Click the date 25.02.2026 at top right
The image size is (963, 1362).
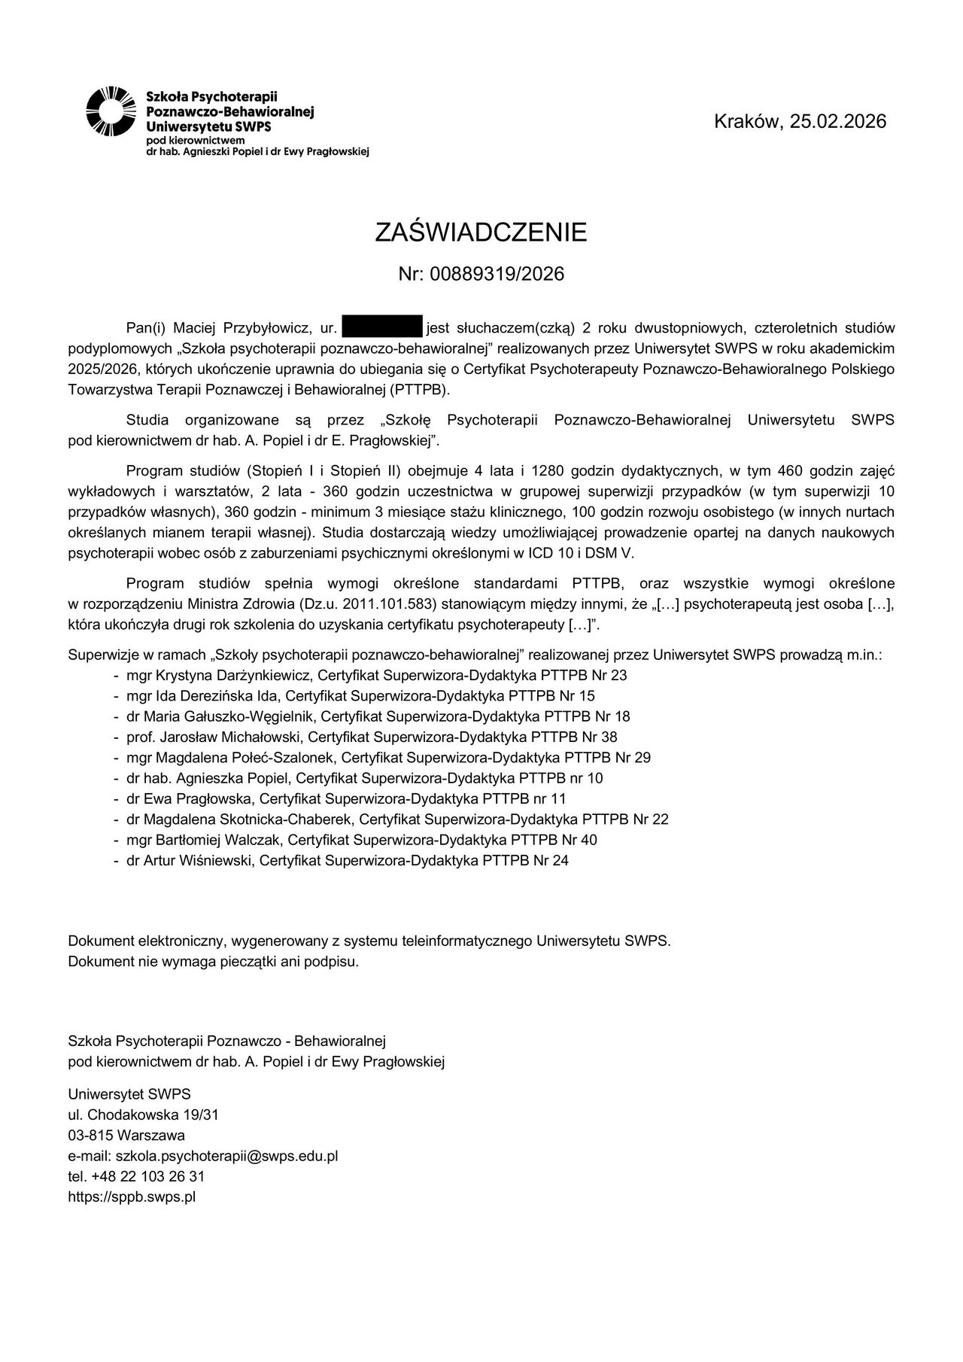(x=838, y=121)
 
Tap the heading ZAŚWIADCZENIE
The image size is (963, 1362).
(x=481, y=233)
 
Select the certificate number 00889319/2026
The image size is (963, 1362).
(x=497, y=274)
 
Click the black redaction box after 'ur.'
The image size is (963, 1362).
(x=382, y=327)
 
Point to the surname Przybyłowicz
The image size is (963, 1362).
(x=261, y=328)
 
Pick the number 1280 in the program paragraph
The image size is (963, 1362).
(x=547, y=471)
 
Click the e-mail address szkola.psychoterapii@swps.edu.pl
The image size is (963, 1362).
(x=226, y=1156)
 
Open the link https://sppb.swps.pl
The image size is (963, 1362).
(x=132, y=1196)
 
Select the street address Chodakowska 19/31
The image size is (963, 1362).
(x=153, y=1114)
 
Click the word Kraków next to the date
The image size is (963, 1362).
(x=749, y=121)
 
